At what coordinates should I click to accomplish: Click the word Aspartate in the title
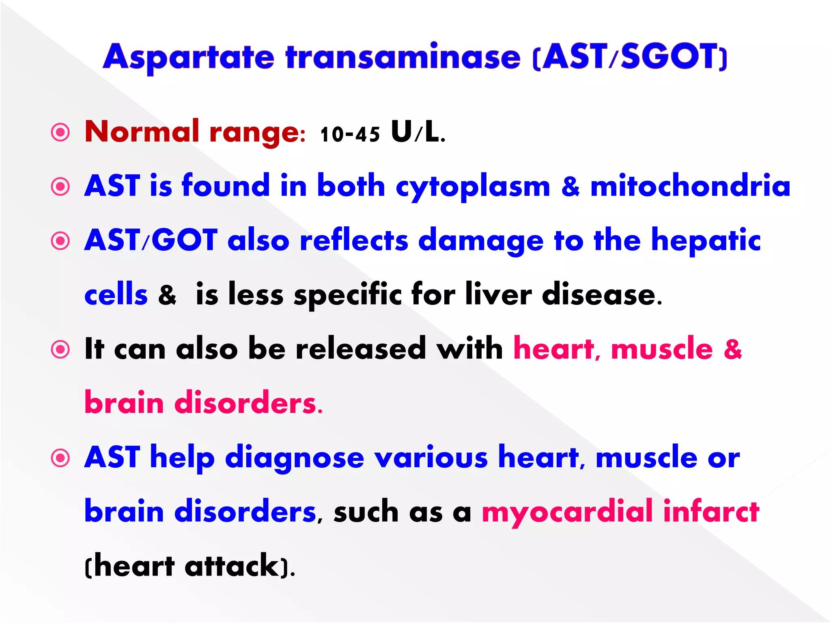[189, 58]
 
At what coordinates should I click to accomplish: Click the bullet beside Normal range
[60, 132]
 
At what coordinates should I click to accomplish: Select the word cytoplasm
[473, 187]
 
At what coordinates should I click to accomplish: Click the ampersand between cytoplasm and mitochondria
[570, 187]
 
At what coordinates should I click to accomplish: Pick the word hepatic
[706, 241]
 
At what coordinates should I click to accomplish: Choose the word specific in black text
[348, 295]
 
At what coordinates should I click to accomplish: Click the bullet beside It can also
[60, 349]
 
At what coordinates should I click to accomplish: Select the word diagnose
[295, 458]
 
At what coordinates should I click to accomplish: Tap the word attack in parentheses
[232, 566]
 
